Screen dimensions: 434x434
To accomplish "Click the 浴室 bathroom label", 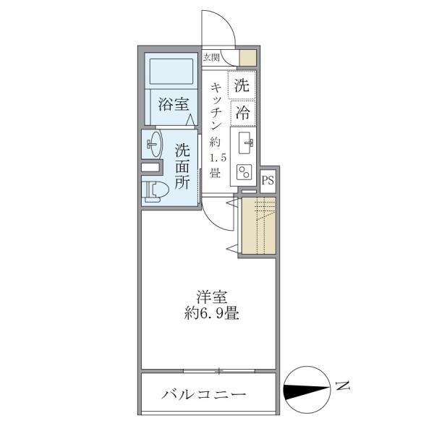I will (x=171, y=105).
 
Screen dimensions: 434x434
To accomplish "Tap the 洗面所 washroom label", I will (x=182, y=166).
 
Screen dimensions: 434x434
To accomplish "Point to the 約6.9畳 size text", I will (x=211, y=315).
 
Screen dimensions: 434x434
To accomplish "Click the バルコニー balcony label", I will (x=204, y=396).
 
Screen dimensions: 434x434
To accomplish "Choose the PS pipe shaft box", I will (x=268, y=180).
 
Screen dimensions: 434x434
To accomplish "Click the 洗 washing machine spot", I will (x=243, y=85).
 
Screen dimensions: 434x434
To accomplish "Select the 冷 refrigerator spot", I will (x=243, y=112).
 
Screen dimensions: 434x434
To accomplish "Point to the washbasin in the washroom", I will (x=153, y=143).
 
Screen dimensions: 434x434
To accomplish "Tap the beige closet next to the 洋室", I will (x=257, y=225).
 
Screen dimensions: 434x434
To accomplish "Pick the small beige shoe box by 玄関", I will (x=247, y=57).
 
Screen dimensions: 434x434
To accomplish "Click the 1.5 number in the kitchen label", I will (x=215, y=158).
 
